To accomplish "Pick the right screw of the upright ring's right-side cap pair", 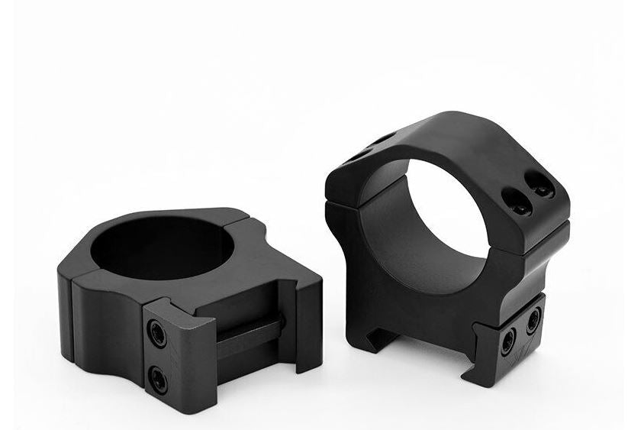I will (x=543, y=186).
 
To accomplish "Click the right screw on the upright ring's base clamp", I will (x=533, y=319).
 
